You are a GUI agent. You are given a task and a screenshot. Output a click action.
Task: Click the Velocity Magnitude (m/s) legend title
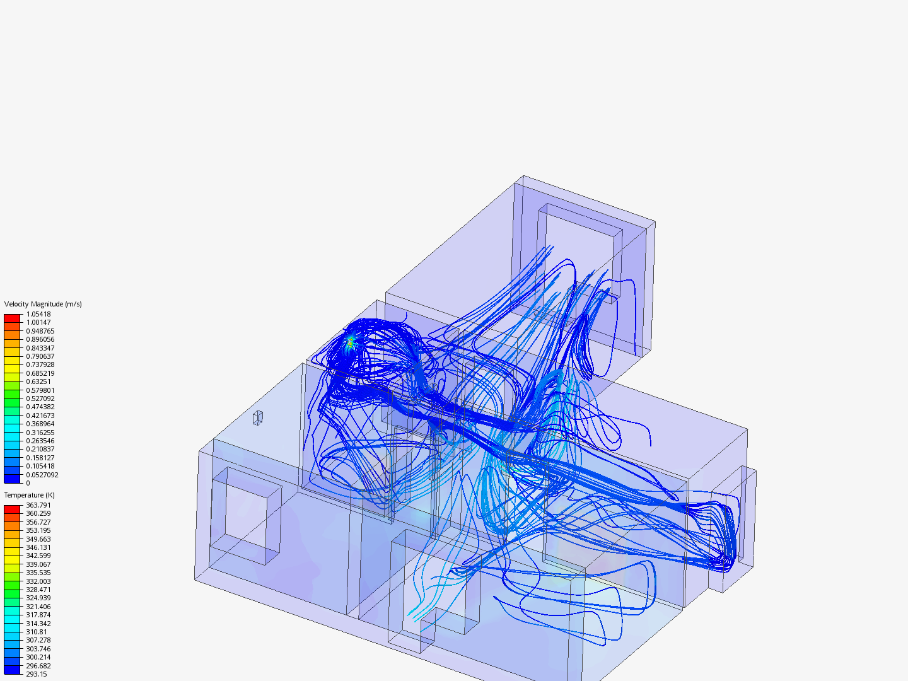tap(43, 305)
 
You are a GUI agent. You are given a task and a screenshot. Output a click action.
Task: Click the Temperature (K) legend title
tap(30, 496)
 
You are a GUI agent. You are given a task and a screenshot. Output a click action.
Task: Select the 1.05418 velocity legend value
tap(38, 314)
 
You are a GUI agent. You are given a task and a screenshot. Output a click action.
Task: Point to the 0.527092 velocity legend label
tap(40, 399)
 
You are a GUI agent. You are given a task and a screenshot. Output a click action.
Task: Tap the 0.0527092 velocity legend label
tap(42, 475)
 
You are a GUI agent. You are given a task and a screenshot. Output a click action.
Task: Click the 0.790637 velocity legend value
tap(40, 356)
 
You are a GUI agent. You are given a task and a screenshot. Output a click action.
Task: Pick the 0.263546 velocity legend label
tap(40, 441)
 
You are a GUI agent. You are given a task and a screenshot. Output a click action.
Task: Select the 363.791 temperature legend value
tap(38, 505)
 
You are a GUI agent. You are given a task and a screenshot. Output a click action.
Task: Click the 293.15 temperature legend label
tap(37, 675)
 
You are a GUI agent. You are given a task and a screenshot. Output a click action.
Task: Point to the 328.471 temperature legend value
tap(38, 590)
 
